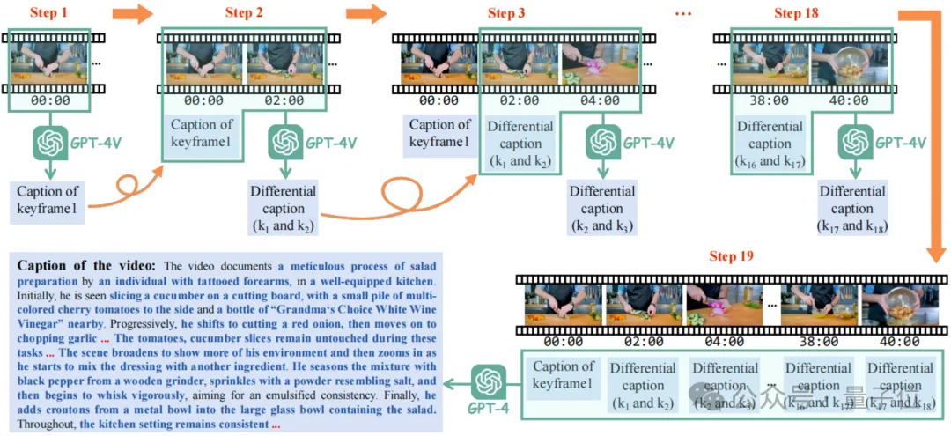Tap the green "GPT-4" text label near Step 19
tap(486, 410)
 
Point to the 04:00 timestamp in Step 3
tap(602, 100)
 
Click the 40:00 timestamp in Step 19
tap(899, 341)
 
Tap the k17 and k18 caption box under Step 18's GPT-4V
tap(851, 209)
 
